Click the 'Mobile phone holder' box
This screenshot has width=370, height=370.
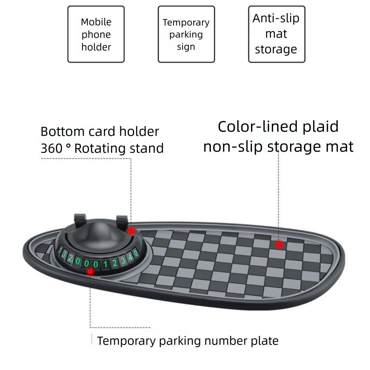tap(96, 34)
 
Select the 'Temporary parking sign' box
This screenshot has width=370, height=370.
tap(186, 34)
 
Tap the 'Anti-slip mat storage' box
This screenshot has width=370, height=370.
tap(276, 34)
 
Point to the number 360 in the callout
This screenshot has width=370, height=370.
tap(51, 149)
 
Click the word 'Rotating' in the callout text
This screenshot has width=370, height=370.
tap(97, 149)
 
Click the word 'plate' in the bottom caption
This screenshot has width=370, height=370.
tap(265, 340)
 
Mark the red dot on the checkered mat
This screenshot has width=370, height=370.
tap(279, 244)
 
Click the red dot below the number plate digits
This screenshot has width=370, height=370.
tap(90, 272)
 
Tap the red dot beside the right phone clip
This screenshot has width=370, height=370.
tap(130, 231)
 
